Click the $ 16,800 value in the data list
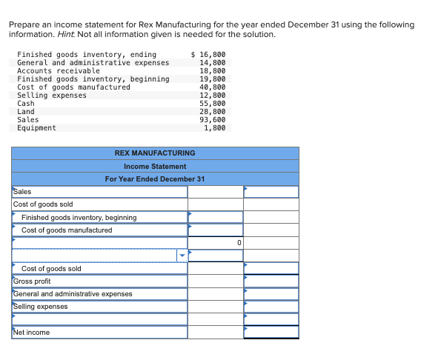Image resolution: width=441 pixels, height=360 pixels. coord(208,55)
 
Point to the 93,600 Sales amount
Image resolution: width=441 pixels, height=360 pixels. coord(213,120)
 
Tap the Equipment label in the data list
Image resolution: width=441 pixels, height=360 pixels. coord(36,128)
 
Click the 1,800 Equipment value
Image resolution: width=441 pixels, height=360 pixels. coord(215,128)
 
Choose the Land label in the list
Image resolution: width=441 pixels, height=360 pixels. coord(26,112)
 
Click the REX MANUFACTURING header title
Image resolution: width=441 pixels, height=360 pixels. coord(155,153)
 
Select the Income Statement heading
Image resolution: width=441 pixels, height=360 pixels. coord(155,167)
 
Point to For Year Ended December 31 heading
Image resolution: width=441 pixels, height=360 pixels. coord(155,179)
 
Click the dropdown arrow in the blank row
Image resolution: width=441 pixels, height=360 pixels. coord(182,256)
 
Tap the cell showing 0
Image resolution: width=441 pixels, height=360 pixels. coord(239,242)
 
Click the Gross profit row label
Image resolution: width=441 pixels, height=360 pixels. coord(33,281)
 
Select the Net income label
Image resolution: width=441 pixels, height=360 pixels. coord(32,333)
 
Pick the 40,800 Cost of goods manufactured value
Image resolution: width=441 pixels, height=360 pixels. coord(213,87)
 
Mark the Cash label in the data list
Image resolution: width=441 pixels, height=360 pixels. coord(26,104)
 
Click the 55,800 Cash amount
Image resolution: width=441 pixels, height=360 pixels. coord(213,104)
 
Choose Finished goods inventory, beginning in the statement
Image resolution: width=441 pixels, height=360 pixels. coord(79,218)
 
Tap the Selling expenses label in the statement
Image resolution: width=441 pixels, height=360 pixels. coord(41,307)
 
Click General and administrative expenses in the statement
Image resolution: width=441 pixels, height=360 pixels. coord(73,294)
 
